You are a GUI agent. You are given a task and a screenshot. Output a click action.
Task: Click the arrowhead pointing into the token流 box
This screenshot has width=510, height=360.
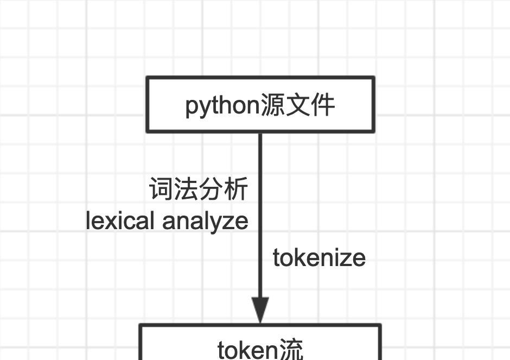[260, 311]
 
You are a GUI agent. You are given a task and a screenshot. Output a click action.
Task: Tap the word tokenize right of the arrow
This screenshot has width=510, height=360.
[319, 258]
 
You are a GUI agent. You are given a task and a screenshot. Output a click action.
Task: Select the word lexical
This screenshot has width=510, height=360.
[120, 221]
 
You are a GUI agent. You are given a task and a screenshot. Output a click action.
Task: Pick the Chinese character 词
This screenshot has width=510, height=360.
[161, 190]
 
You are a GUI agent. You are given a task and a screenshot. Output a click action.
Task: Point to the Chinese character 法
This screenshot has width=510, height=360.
[186, 190]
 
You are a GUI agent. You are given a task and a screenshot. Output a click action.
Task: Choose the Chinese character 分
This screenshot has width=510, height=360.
[211, 190]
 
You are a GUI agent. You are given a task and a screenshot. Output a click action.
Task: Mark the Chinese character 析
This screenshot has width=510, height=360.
[236, 190]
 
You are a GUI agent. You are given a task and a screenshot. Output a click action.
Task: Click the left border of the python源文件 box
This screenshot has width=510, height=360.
[147, 104]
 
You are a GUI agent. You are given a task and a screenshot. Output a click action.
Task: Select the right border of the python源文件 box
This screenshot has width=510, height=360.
[374, 104]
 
